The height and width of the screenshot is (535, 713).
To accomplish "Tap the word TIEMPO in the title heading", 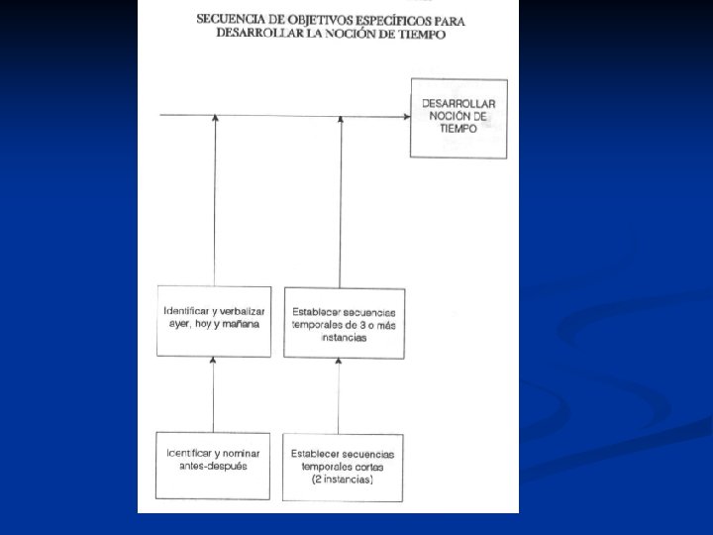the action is tap(419, 34).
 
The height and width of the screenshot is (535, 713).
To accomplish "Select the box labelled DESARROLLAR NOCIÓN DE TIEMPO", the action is tap(458, 117).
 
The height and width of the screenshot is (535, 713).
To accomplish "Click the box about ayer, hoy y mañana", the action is tap(214, 322).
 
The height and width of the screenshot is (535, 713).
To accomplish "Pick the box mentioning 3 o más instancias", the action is tap(343, 322).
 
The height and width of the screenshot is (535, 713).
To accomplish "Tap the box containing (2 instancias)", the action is tap(343, 466).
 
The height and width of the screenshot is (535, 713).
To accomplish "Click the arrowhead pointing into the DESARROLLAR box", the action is tap(407, 116).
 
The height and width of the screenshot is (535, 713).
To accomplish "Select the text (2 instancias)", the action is tap(343, 480).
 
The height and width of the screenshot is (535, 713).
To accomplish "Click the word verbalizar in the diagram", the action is tap(242, 311).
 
